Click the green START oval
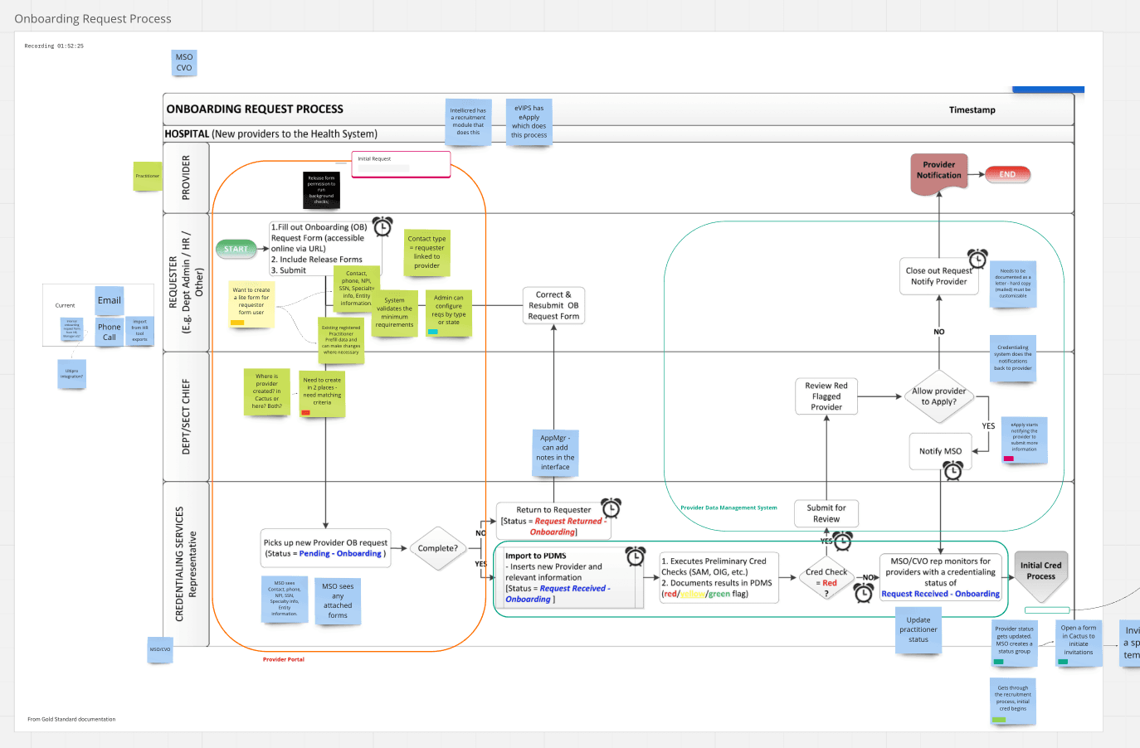click(x=236, y=249)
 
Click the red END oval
click(x=1007, y=174)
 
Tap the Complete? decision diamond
click(x=437, y=548)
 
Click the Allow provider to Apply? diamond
click(x=939, y=396)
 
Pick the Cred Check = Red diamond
click(x=826, y=578)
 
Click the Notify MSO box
click(x=940, y=451)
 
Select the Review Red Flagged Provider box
click(x=826, y=396)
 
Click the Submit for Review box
click(x=826, y=513)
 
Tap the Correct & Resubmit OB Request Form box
click(x=553, y=305)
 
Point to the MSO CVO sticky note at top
click(x=184, y=63)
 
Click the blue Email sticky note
click(x=110, y=301)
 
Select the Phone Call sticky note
click(x=110, y=332)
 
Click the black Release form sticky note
click(x=321, y=190)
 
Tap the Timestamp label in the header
click(x=972, y=110)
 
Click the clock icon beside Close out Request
click(x=977, y=258)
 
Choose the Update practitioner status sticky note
click(x=918, y=630)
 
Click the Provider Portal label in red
click(x=284, y=659)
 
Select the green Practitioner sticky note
click(x=148, y=176)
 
